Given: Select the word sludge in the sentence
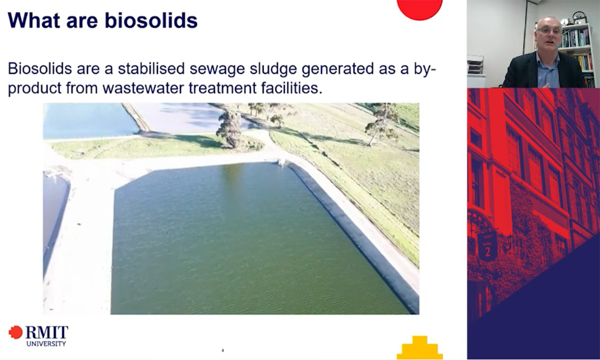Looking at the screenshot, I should (271, 68).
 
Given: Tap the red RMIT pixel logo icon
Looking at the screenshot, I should (16, 332).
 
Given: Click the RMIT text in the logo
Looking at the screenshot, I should (47, 332).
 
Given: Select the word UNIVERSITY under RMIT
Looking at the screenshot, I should (46, 344).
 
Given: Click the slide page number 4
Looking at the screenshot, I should (223, 351).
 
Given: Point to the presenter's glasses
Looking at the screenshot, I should (549, 30).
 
